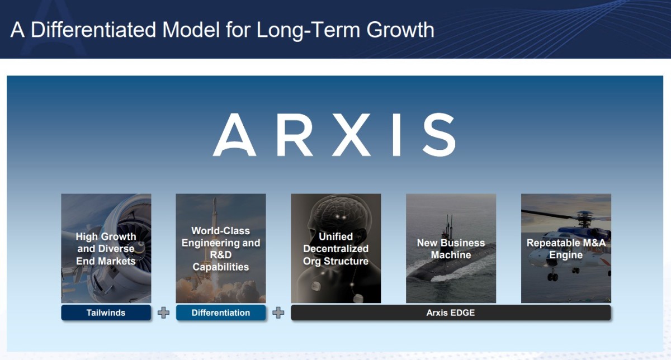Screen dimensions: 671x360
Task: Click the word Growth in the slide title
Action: pos(400,30)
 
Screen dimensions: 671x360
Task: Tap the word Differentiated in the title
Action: pos(93,30)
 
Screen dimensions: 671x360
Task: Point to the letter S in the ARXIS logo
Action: pos(439,135)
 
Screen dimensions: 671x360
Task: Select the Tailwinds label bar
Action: pos(106,312)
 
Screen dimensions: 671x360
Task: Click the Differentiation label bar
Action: pos(221,312)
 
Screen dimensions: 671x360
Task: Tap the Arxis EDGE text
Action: pos(451,312)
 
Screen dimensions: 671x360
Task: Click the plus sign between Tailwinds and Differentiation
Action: pos(163,312)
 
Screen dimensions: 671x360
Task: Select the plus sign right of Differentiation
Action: pos(278,312)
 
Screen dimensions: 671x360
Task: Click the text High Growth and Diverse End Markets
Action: pos(106,249)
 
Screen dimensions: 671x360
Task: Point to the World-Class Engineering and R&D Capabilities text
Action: pos(221,249)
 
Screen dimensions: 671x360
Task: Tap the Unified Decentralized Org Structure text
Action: pos(336,249)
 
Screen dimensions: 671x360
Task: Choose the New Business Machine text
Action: pos(451,249)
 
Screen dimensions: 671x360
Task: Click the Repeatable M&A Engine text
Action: pos(566,249)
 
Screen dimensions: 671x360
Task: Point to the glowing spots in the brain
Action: pos(341,216)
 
